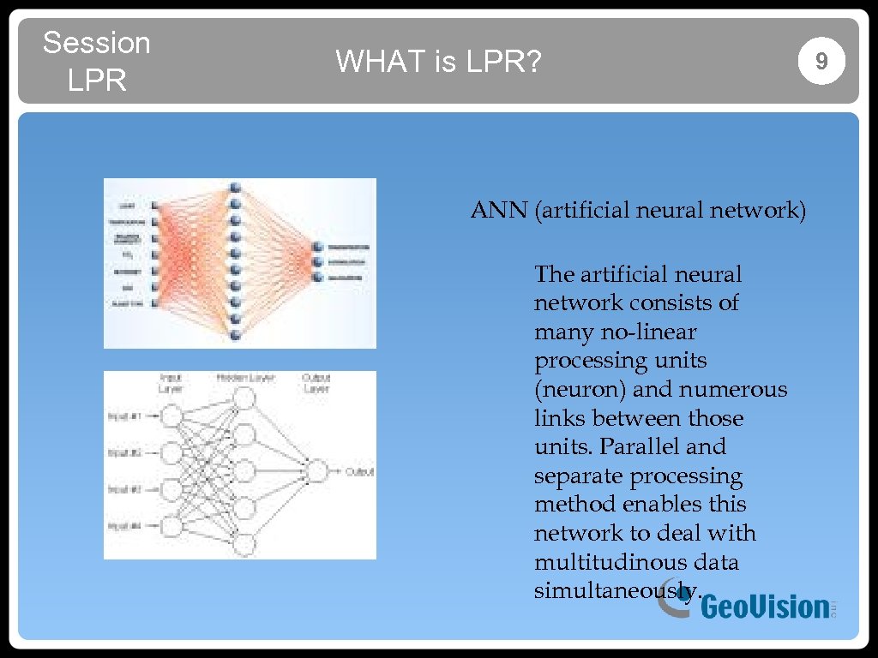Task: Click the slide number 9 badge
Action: (x=821, y=61)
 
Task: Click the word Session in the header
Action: (x=96, y=42)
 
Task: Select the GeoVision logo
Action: (x=746, y=605)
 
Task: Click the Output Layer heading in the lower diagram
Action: (x=316, y=383)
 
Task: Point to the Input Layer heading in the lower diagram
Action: (x=170, y=383)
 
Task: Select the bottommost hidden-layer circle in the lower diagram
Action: (x=244, y=544)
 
